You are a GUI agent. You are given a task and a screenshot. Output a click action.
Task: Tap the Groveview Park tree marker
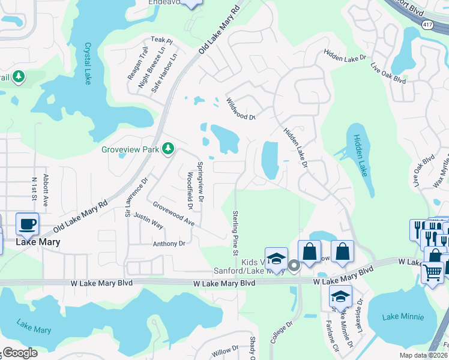click(x=169, y=148)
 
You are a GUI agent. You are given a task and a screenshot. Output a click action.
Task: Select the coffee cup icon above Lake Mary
click(x=28, y=225)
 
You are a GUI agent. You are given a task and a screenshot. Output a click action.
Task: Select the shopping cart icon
click(x=432, y=272)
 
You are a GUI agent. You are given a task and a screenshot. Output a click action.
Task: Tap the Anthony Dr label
click(x=169, y=244)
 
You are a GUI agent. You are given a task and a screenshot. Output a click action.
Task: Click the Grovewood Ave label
click(x=173, y=214)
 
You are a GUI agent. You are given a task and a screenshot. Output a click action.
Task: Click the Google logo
click(x=19, y=353)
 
